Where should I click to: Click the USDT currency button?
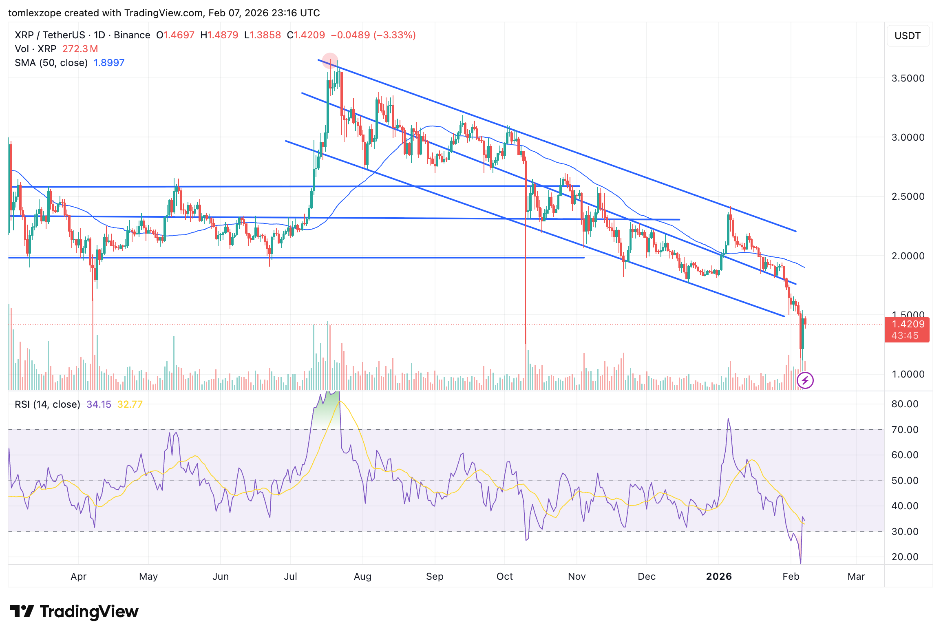[x=908, y=36]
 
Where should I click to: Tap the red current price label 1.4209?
[x=908, y=324]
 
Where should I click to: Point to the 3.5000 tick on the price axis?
[x=908, y=78]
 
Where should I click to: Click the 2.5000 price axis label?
[x=908, y=197]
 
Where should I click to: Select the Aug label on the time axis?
[x=362, y=576]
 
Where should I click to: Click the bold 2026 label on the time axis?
[x=719, y=576]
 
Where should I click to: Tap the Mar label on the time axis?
[x=856, y=576]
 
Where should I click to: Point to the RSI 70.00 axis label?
[x=905, y=430]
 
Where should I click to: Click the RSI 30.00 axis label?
[x=905, y=532]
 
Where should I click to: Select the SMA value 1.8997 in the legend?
[x=109, y=63]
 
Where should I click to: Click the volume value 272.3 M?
[x=80, y=49]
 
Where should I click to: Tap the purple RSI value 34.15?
[x=99, y=404]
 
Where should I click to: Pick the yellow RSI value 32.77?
[x=130, y=404]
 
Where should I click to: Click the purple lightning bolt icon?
[x=805, y=381]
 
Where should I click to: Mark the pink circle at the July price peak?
[x=330, y=60]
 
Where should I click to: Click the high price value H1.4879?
[x=219, y=35]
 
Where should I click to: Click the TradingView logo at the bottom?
[x=74, y=612]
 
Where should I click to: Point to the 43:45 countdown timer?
[x=905, y=336]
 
